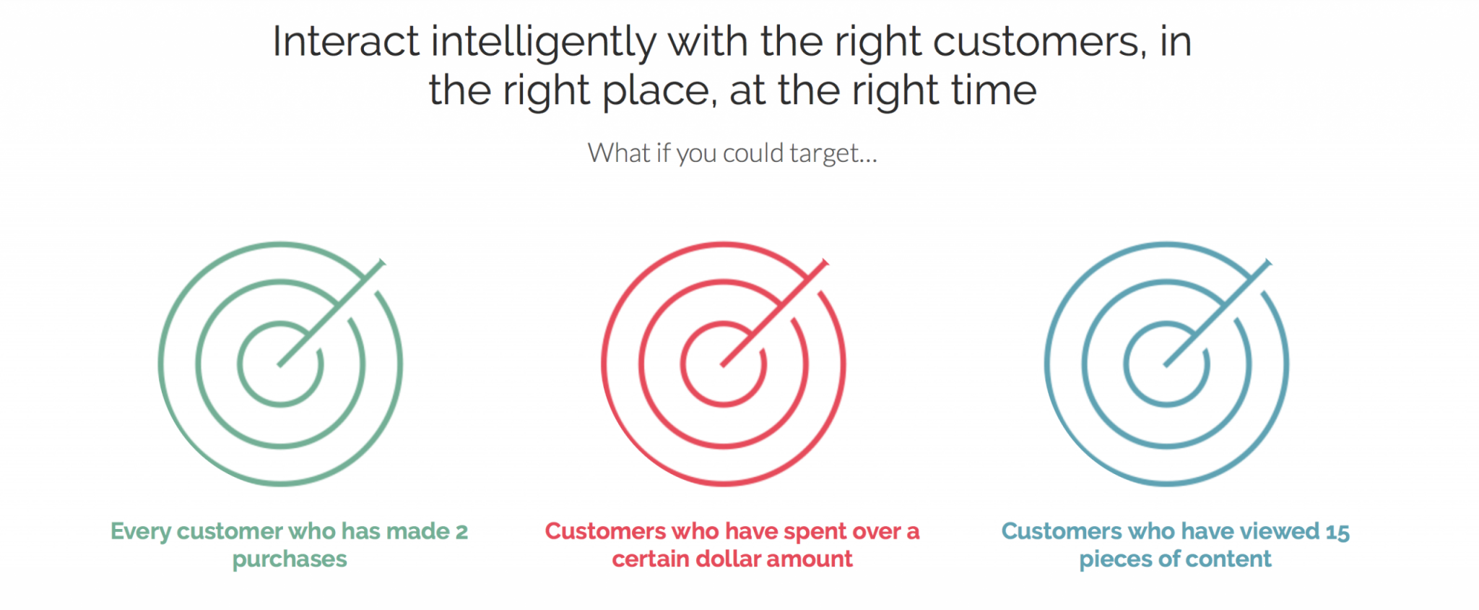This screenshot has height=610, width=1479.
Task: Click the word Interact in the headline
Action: tap(345, 42)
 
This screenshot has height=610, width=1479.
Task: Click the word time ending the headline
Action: tap(994, 90)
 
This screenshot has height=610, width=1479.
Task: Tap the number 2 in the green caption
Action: tap(461, 532)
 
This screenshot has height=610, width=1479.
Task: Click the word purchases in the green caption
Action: tap(290, 560)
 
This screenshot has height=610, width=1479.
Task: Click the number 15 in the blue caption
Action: tap(1337, 533)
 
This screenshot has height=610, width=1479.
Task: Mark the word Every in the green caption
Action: tap(140, 533)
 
